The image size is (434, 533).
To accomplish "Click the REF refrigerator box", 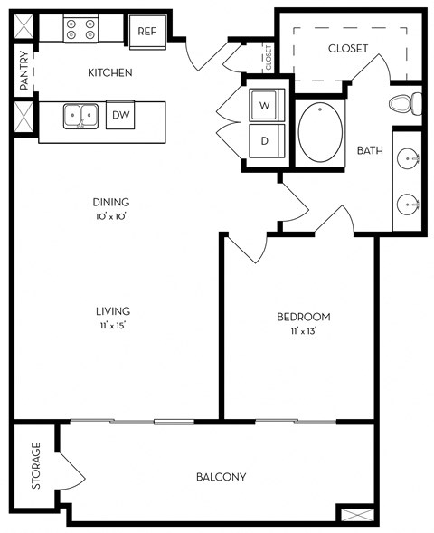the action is coord(147,32).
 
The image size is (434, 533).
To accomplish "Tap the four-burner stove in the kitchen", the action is coord(80,29).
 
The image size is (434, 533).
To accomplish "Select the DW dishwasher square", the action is coord(120,115).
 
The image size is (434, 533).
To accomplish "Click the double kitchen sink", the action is coord(80,116).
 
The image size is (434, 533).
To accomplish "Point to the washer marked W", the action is coord(267,105).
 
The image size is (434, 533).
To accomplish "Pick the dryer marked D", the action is coord(267,141).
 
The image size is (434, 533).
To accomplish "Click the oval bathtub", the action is coord(320,132).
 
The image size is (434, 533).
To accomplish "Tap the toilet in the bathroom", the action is coord(405,103).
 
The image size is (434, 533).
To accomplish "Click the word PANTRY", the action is coord(24,71).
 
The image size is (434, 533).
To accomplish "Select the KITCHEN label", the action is coord(110,72).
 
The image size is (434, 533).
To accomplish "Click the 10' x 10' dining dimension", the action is coord(111,216).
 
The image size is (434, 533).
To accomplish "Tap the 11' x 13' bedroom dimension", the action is coord(304,331).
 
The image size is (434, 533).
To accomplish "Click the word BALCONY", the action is coord(222,477).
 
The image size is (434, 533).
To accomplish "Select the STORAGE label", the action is coord(35,465).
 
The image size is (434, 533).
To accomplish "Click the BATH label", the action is coord(370,150).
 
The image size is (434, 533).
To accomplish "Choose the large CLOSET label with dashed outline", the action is coord(348,48).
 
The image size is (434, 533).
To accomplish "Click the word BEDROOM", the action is coord(304,317).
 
